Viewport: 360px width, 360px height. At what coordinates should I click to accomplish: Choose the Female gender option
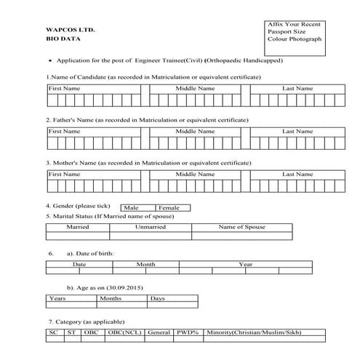click(169, 208)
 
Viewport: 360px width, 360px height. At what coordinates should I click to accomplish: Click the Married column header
click(77, 227)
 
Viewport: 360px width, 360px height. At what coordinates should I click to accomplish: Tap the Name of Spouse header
click(241, 227)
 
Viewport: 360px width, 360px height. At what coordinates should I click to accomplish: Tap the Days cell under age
click(157, 298)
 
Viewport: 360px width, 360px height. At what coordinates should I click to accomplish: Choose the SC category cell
click(53, 332)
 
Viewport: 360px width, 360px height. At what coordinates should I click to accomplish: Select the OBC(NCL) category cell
click(124, 332)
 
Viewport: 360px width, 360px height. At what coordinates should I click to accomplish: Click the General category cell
click(158, 332)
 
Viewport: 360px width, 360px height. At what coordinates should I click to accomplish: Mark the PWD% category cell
click(188, 332)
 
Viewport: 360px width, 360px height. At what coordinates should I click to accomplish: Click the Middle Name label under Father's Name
click(195, 131)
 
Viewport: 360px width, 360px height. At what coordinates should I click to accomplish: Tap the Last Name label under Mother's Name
click(297, 175)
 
